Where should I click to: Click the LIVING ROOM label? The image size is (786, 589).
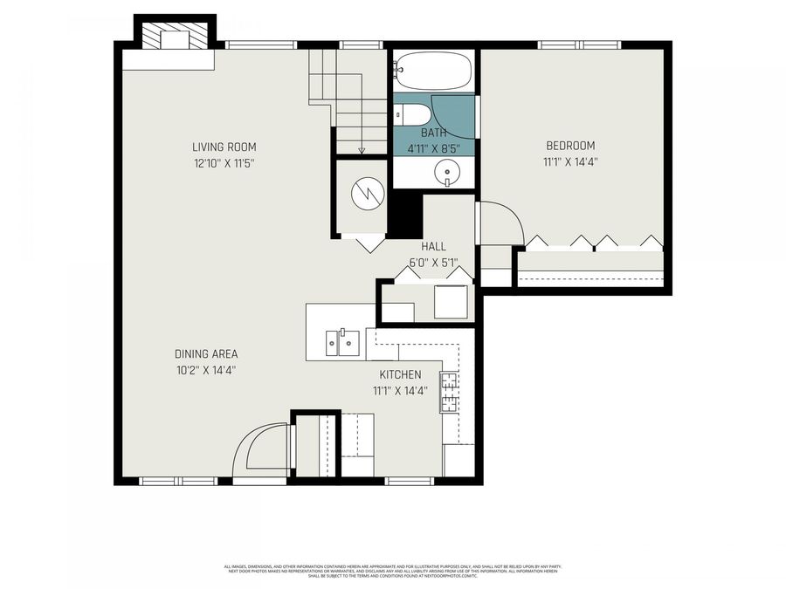click(224, 147)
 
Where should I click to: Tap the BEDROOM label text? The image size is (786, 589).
click(570, 146)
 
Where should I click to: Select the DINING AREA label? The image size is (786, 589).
click(206, 354)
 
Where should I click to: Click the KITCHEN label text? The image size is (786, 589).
click(400, 375)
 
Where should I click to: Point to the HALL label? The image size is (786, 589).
click(433, 247)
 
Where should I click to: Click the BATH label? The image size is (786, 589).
click(433, 133)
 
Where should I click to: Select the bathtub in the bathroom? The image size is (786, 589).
click(433, 69)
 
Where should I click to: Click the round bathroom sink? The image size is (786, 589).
click(447, 174)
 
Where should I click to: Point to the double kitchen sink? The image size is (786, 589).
click(342, 342)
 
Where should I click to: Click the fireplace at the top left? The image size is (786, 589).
click(174, 37)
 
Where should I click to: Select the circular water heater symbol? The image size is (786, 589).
click(367, 194)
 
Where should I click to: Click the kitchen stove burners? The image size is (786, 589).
click(449, 392)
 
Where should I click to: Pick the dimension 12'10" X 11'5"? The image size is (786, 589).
click(224, 163)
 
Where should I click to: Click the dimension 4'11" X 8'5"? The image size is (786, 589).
click(433, 148)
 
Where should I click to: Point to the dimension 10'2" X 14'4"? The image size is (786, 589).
click(206, 370)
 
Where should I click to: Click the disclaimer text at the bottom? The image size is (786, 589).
click(392, 571)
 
